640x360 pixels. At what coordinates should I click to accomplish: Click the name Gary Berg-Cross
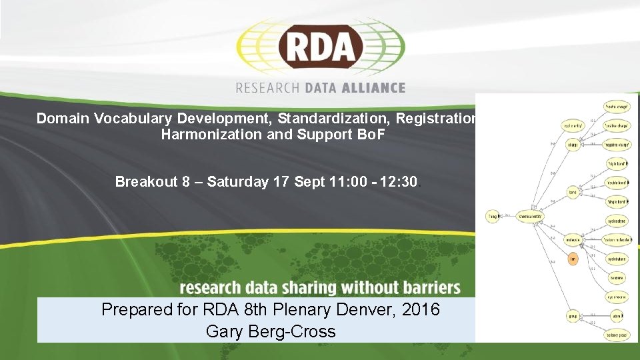click(271, 331)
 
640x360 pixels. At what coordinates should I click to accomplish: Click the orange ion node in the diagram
click(572, 259)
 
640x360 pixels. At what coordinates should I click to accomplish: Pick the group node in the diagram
click(572, 315)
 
